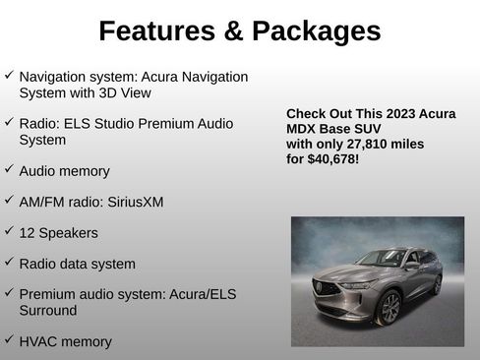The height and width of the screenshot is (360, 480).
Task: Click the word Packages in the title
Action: point(316,31)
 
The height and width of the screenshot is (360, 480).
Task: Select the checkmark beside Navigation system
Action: point(9,75)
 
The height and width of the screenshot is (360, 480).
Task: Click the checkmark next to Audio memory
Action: point(9,169)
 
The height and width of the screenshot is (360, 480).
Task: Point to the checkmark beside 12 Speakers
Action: point(9,231)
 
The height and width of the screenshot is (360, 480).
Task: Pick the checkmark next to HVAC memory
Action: point(9,340)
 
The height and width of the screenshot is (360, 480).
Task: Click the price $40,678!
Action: point(332,158)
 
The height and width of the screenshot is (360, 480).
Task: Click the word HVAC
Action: point(38,341)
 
